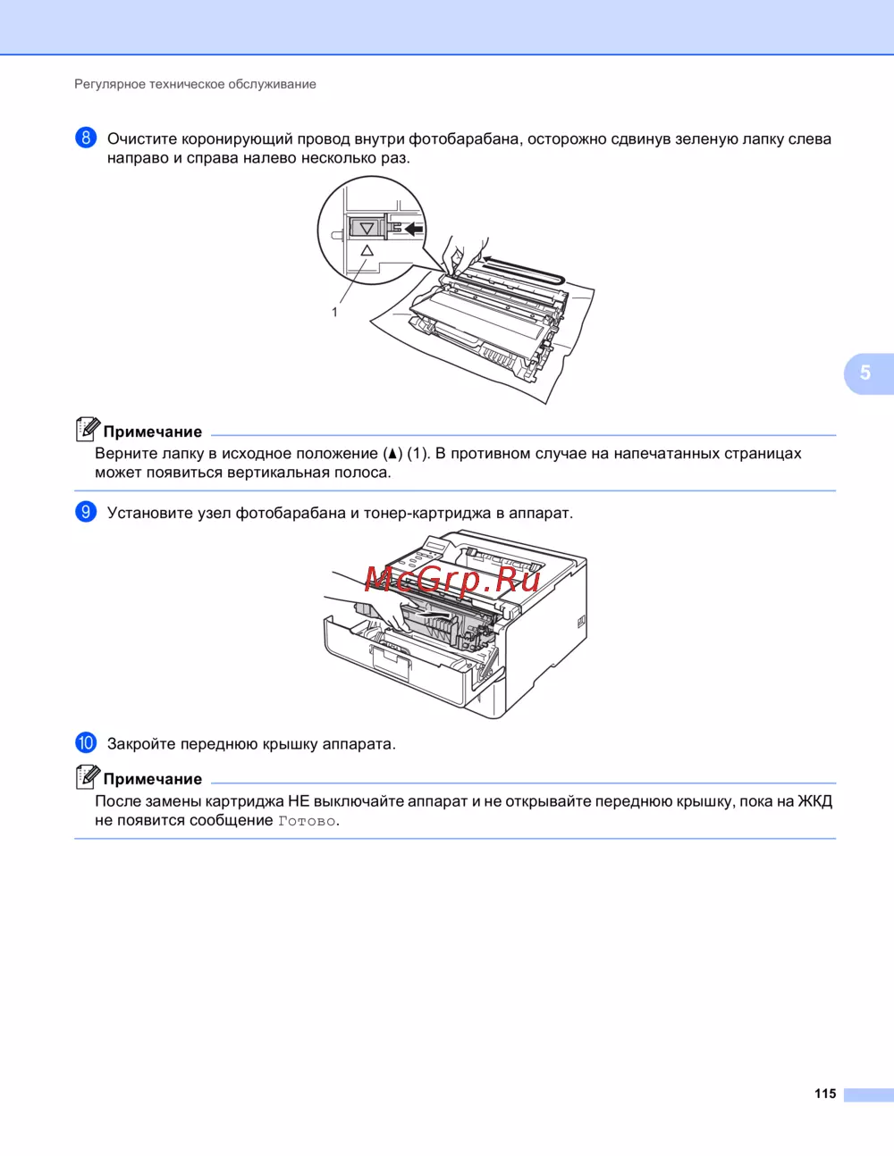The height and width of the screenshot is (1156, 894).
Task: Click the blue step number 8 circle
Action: (x=86, y=138)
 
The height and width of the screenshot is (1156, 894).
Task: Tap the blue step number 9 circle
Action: (x=86, y=512)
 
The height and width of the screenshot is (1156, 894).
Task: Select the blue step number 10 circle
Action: (x=86, y=742)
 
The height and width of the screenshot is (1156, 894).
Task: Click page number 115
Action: (x=825, y=1093)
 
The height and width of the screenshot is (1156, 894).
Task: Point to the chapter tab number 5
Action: (x=865, y=373)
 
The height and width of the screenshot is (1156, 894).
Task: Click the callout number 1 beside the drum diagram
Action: (x=334, y=313)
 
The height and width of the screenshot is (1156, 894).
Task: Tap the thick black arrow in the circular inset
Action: (x=413, y=229)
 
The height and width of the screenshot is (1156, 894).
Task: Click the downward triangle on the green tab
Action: (x=367, y=228)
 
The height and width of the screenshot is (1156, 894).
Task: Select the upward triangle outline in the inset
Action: (x=367, y=250)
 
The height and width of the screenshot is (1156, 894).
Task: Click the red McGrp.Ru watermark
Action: (x=453, y=579)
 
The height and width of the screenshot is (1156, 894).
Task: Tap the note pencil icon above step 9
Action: (x=88, y=430)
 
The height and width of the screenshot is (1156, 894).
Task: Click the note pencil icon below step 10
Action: (x=88, y=776)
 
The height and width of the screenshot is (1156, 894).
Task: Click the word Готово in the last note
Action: (x=307, y=821)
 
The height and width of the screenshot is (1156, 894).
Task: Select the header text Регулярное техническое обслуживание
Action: (x=195, y=84)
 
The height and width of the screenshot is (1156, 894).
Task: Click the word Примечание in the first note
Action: (x=153, y=431)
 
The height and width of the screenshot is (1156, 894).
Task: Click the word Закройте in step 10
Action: (x=141, y=743)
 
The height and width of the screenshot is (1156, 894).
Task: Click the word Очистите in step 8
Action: (x=142, y=138)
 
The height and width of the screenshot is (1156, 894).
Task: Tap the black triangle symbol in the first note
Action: (x=392, y=454)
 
